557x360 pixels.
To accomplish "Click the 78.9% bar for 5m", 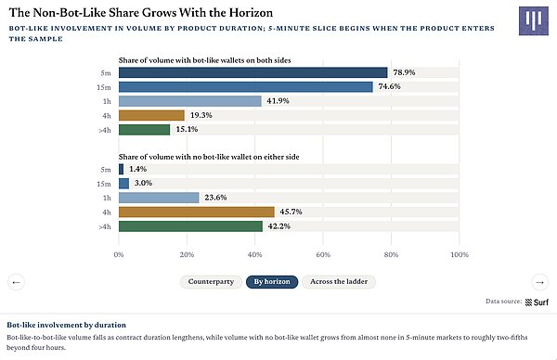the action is (x=253, y=72).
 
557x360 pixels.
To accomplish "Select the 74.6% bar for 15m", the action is (x=246, y=87).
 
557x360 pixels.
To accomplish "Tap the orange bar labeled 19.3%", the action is (x=151, y=115).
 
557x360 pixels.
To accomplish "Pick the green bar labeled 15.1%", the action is (x=144, y=130).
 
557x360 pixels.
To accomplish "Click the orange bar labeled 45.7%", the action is (x=197, y=212).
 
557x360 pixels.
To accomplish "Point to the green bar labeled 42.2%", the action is (x=190, y=226).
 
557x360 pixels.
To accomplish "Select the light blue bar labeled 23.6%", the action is (x=159, y=198).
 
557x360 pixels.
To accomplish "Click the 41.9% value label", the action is (x=278, y=101).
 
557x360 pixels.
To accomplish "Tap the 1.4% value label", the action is (x=137, y=169).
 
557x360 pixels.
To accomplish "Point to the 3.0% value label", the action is (x=143, y=183).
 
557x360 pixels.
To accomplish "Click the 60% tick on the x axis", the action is (x=323, y=254).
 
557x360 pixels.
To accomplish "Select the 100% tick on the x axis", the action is (x=460, y=254).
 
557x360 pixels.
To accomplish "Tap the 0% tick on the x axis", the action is (x=119, y=254).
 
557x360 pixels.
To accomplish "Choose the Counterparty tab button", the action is (x=211, y=282).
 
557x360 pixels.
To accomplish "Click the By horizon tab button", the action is (x=272, y=282).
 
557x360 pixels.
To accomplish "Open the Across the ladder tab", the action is (x=339, y=282).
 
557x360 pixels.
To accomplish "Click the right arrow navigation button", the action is (x=540, y=282).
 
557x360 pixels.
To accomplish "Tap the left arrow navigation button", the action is (x=16, y=282).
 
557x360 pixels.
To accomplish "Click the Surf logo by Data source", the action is (x=537, y=302).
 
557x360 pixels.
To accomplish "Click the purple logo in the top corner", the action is (x=534, y=20).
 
